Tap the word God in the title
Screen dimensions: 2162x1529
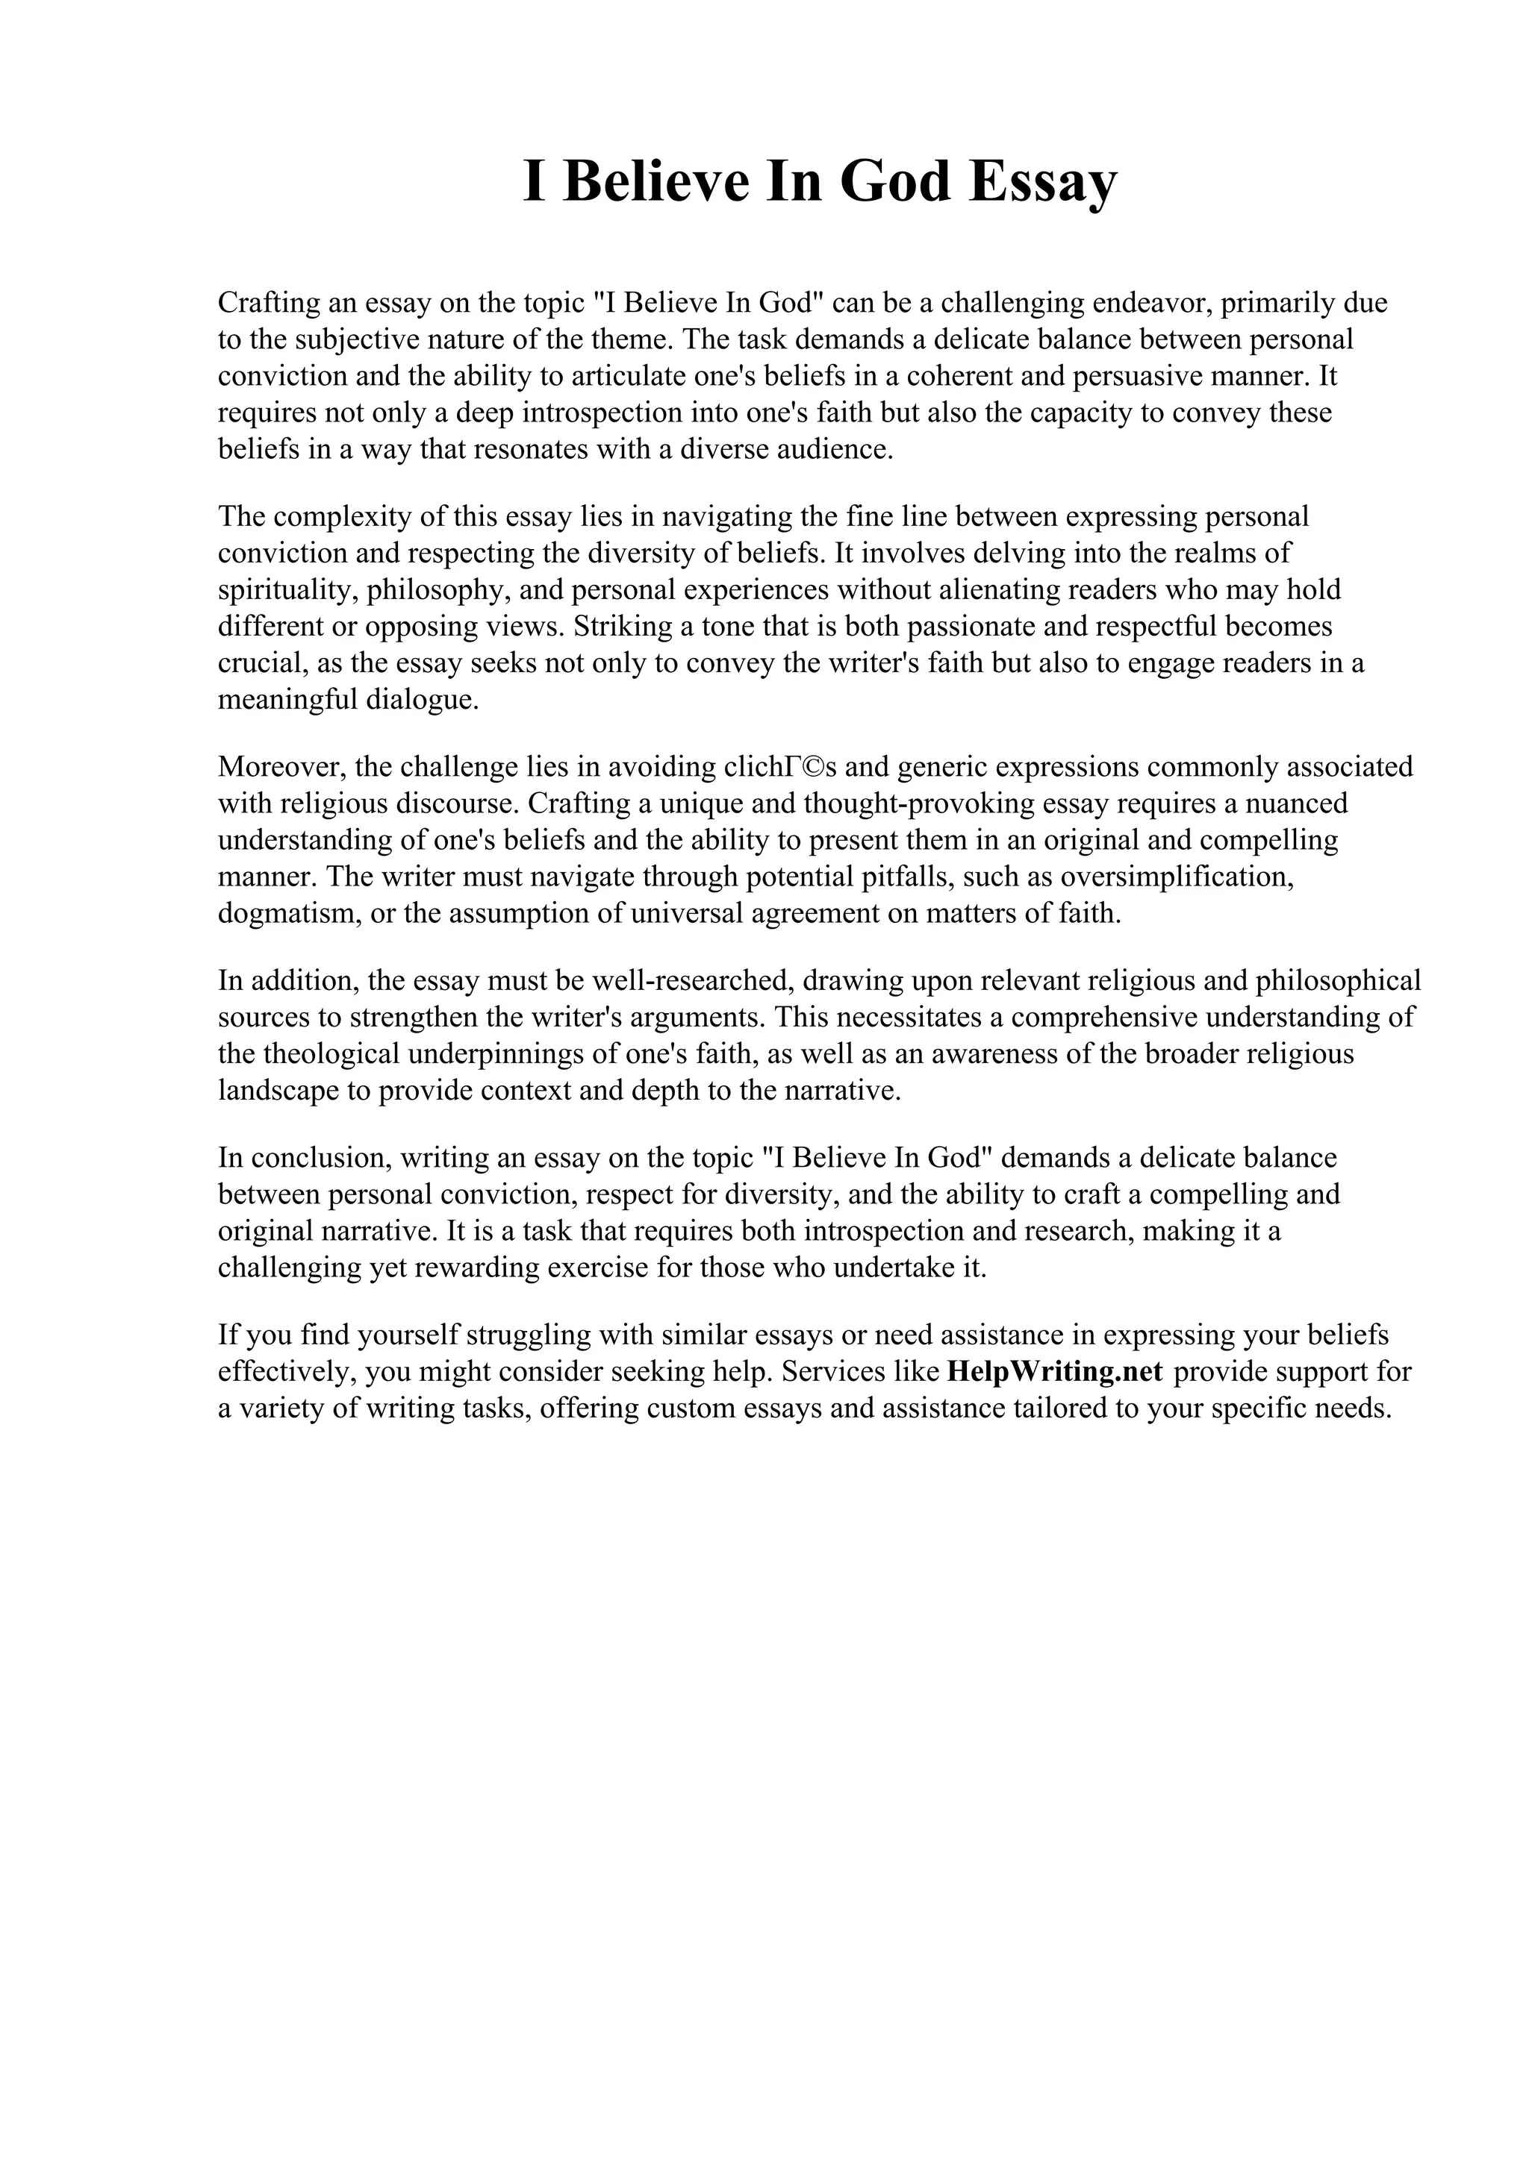(894, 182)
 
